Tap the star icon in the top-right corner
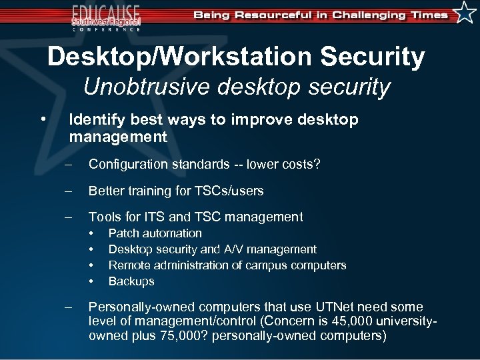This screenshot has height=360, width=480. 465,12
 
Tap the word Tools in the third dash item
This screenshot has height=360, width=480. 105,217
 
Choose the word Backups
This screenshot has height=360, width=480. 131,281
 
